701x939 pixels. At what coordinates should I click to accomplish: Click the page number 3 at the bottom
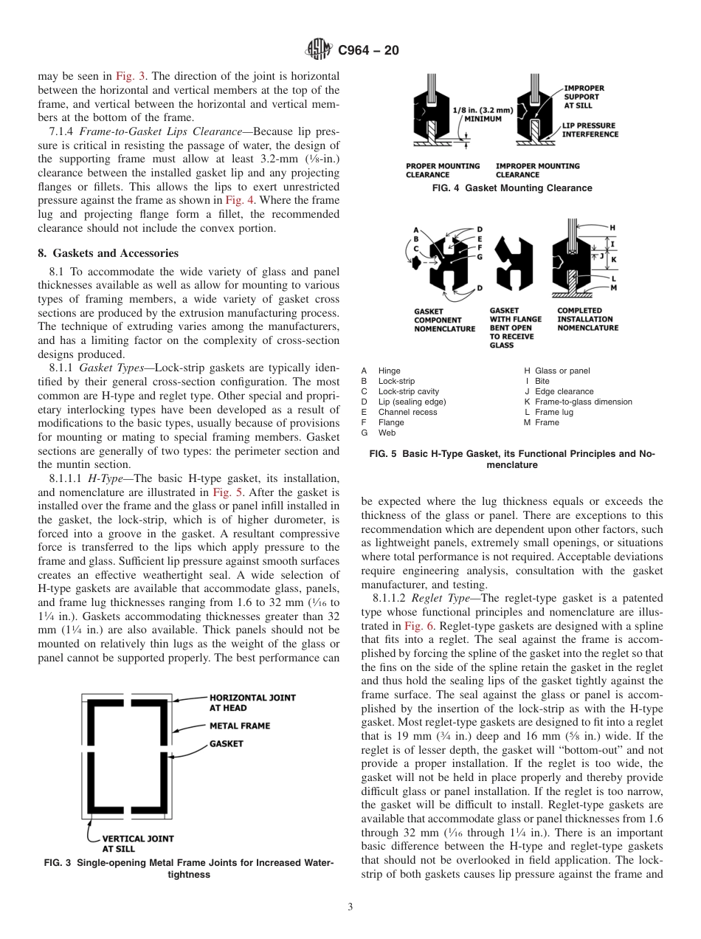[350, 907]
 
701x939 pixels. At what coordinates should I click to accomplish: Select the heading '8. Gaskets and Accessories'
[108, 253]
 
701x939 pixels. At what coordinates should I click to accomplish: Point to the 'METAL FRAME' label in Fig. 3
[240, 726]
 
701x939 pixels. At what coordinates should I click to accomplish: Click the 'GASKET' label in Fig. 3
[226, 743]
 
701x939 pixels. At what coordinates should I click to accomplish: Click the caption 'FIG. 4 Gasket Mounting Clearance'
[511, 188]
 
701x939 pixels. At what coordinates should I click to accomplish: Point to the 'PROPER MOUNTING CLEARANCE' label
[442, 171]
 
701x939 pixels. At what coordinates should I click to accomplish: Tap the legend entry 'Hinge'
[389, 371]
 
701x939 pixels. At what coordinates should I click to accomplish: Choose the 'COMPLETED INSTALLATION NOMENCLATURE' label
[587, 319]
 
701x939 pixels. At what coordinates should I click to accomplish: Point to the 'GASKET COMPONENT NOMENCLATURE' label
[444, 320]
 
